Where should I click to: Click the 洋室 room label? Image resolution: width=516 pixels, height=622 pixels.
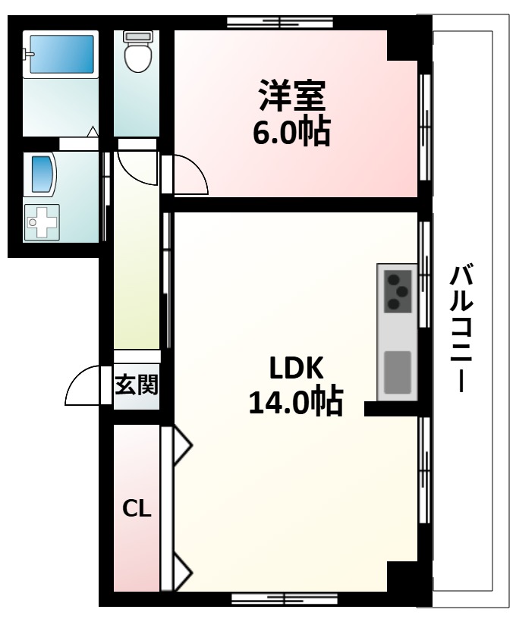(292, 96)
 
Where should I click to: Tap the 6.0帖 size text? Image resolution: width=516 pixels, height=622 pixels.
(292, 132)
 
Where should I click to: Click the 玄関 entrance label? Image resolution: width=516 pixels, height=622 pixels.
(137, 385)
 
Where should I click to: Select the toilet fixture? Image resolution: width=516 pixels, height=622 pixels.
(137, 52)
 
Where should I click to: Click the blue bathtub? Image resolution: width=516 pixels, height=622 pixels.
(60, 53)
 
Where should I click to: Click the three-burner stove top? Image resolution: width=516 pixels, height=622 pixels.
(397, 291)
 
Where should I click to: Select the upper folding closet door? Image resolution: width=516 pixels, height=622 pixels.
(181, 445)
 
